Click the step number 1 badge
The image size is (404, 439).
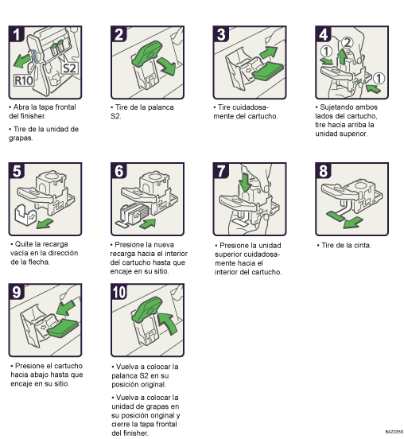[16, 34]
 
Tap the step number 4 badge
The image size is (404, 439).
[324, 34]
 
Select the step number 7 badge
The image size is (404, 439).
[222, 170]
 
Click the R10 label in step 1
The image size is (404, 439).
[23, 80]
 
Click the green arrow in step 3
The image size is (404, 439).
[268, 52]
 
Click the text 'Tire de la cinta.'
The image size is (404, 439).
[347, 245]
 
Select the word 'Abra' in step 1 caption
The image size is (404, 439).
[21, 107]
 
